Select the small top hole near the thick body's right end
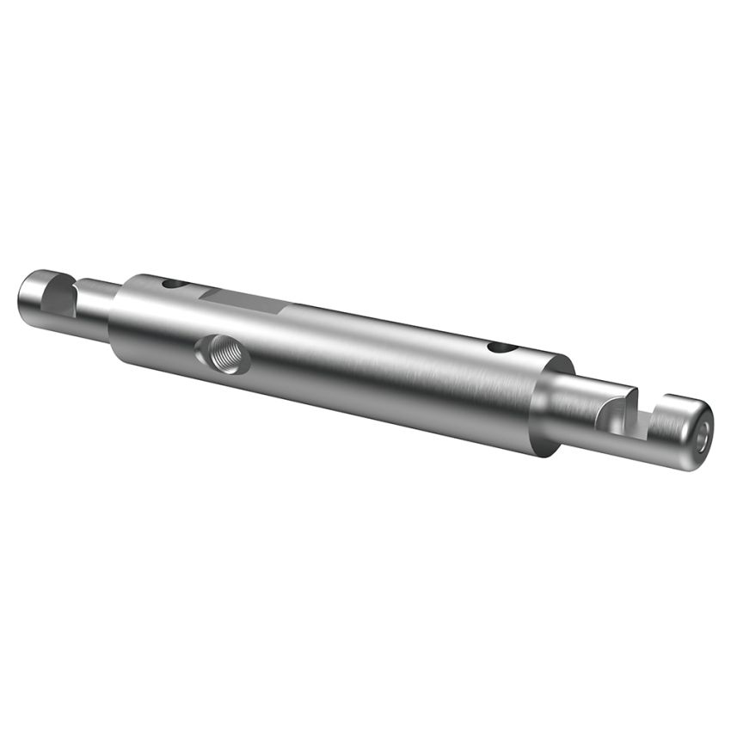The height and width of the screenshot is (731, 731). [499, 347]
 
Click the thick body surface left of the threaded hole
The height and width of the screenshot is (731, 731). [159, 340]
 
